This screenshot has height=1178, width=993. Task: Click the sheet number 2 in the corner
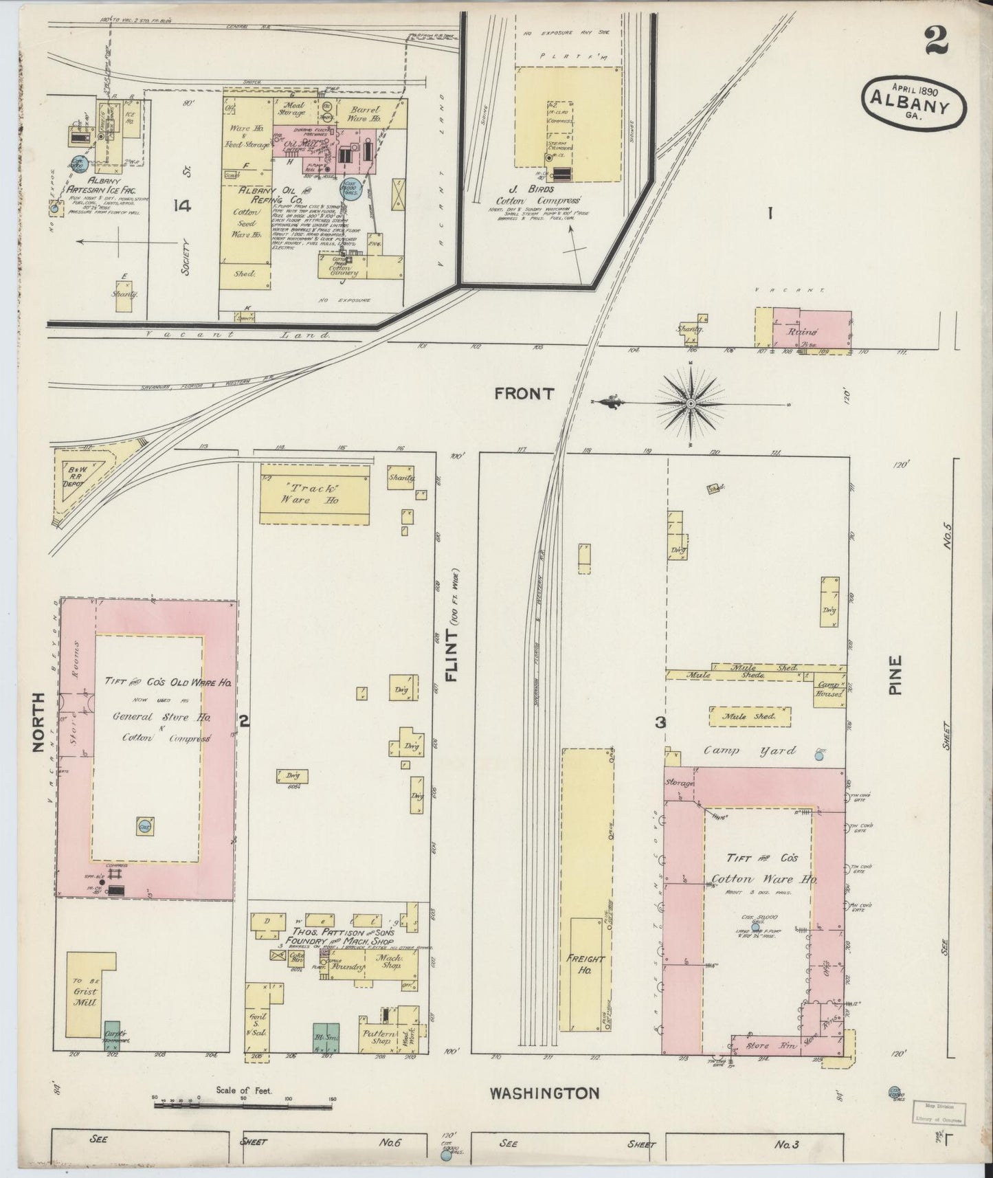point(936,41)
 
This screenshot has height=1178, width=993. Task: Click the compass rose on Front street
point(690,403)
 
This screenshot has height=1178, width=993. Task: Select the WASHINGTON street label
point(545,1093)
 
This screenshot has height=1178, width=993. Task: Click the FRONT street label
point(524,393)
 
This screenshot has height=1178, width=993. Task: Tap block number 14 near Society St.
point(183,205)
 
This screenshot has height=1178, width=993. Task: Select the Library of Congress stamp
point(939,1111)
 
